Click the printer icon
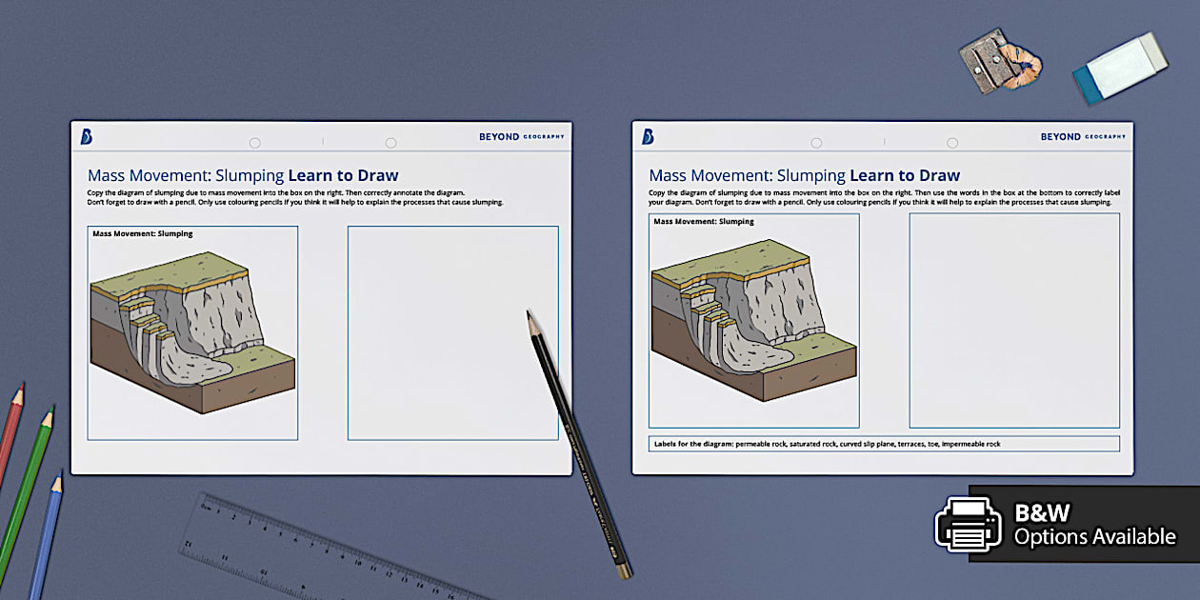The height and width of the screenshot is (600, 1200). [x=968, y=524]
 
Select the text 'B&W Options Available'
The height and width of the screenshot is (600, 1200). [x=1094, y=525]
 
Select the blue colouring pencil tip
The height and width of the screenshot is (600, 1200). [x=58, y=481]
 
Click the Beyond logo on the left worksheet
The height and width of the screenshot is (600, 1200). [x=87, y=137]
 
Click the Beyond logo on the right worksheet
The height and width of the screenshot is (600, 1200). [x=648, y=137]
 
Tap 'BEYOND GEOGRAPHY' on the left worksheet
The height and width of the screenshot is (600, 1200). [x=521, y=137]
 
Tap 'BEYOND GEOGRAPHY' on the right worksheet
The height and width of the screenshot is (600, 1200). [x=1082, y=137]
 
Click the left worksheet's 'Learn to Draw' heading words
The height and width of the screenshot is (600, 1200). [x=343, y=175]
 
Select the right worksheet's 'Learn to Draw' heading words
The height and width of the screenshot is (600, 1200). [x=905, y=175]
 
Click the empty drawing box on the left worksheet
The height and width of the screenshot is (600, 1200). [x=452, y=332]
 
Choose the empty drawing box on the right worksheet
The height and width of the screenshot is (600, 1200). [x=1014, y=321]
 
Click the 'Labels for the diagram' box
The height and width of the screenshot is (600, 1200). [x=884, y=444]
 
